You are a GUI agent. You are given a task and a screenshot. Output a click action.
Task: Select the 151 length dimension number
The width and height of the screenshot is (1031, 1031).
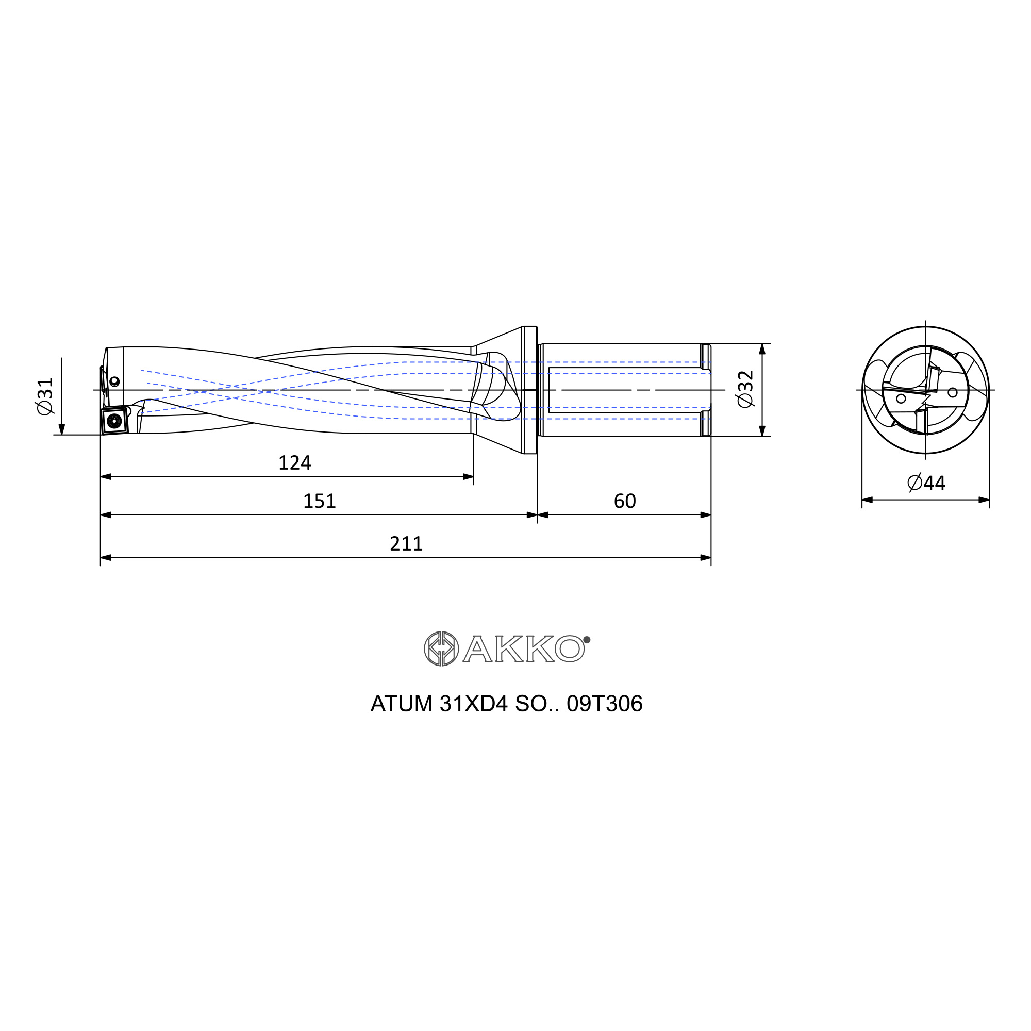pyautogui.click(x=319, y=501)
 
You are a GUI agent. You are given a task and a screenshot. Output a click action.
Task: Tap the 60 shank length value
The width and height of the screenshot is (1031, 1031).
pyautogui.click(x=625, y=501)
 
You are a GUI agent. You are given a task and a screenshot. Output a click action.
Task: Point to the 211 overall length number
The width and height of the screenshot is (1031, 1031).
pyautogui.click(x=406, y=544)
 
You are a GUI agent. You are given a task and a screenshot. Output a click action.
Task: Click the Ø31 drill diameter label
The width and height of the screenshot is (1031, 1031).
pyautogui.click(x=45, y=395)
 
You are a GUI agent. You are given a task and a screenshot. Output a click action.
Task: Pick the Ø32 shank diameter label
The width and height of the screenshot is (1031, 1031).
pyautogui.click(x=745, y=389)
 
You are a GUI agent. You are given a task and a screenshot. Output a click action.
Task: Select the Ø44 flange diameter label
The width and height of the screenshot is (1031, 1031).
pyautogui.click(x=926, y=483)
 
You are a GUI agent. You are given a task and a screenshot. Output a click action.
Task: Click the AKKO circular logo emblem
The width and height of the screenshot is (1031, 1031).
pyautogui.click(x=441, y=648)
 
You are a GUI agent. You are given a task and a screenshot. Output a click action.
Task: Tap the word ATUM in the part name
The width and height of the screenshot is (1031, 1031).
pyautogui.click(x=401, y=704)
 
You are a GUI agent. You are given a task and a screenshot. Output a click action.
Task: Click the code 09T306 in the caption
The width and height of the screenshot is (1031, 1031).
pyautogui.click(x=605, y=704)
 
